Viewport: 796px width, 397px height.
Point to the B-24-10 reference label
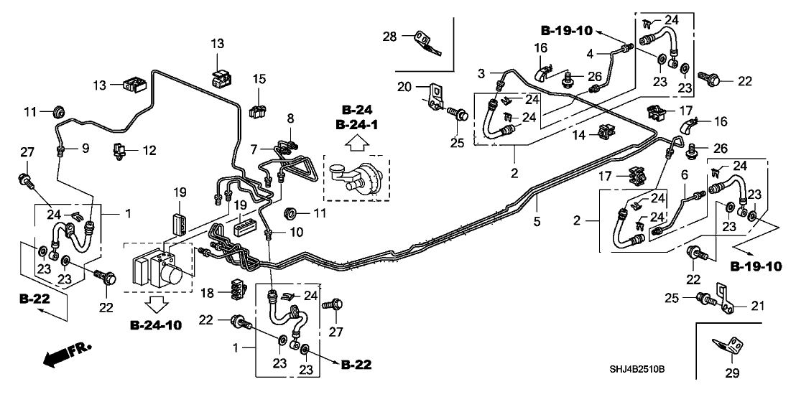[x=156, y=326]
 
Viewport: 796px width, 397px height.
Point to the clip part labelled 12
[x=117, y=151]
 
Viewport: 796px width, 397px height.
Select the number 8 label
[x=291, y=118]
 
